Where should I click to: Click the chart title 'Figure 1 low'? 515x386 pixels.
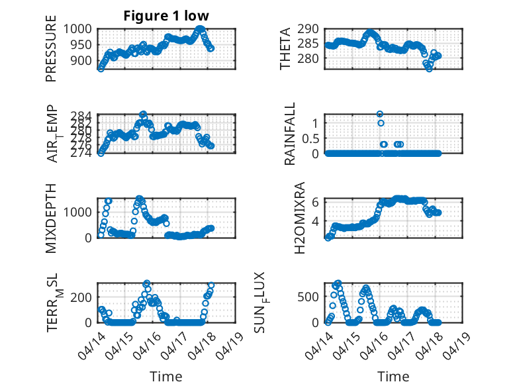(x=166, y=16)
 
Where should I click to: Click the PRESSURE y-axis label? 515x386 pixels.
(x=51, y=54)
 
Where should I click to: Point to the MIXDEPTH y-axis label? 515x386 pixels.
(x=51, y=218)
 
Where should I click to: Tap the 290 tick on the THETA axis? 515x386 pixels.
(x=311, y=29)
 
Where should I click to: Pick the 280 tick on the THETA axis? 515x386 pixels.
(x=311, y=58)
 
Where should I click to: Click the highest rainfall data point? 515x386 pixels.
(x=380, y=114)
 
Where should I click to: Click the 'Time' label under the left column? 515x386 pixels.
(x=166, y=377)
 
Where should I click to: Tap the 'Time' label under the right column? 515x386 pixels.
(x=393, y=377)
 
